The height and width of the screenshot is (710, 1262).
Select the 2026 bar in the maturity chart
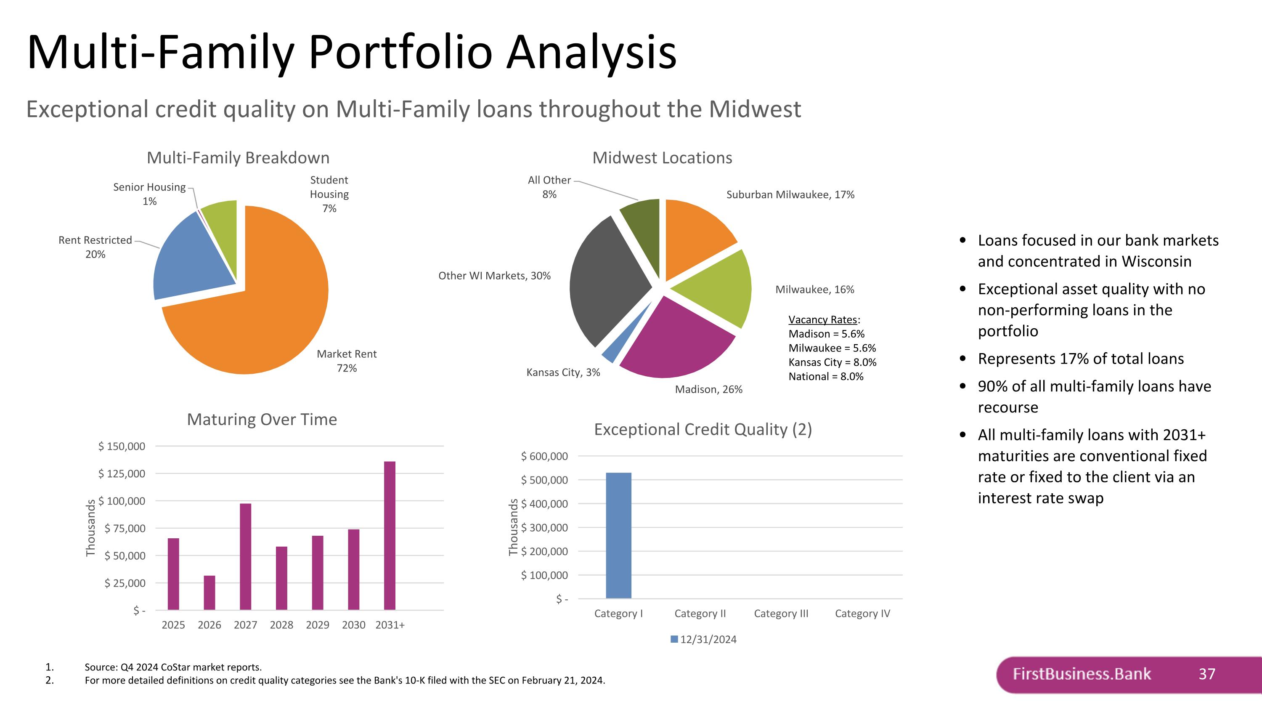coord(209,593)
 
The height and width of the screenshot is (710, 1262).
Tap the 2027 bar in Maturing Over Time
coord(245,556)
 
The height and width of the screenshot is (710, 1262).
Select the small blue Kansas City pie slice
coord(610,354)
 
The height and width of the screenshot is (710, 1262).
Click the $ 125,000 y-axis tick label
coord(122,473)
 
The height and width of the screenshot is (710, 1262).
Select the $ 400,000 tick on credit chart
coord(544,504)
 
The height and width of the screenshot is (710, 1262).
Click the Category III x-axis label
coord(781,614)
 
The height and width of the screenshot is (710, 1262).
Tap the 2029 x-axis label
coord(318,625)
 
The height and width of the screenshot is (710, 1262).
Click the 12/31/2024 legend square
coord(674,639)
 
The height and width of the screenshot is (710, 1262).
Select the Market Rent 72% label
coord(347,361)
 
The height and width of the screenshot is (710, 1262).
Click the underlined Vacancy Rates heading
coord(822,319)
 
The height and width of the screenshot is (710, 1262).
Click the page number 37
coord(1206,674)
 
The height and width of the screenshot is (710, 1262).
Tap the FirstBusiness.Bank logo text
coord(1081,674)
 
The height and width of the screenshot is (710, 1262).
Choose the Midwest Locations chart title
coord(662,158)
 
